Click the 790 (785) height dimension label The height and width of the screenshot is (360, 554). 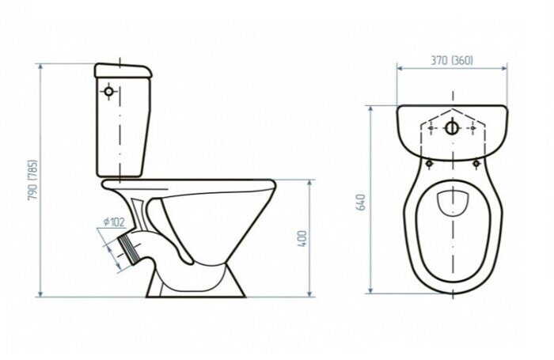click(33, 180)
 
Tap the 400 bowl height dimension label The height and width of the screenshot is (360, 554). click(303, 238)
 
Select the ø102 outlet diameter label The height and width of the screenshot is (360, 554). click(114, 222)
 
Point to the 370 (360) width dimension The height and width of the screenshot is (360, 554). click(452, 60)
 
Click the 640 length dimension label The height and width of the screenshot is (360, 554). click(362, 203)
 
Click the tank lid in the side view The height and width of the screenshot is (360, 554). click(123, 70)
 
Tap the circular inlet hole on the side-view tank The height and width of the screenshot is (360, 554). click(109, 92)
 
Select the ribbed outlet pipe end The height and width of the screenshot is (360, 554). click(127, 248)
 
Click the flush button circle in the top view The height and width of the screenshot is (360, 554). click(452, 128)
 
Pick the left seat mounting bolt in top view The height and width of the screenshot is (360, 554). click(429, 164)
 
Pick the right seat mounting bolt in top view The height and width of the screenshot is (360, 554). click(476, 164)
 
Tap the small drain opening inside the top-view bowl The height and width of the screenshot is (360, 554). click(453, 203)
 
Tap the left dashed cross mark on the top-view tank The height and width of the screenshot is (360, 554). click(431, 128)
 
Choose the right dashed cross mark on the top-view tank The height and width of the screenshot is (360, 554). click(473, 128)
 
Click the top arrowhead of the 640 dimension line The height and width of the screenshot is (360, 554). click(370, 109)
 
